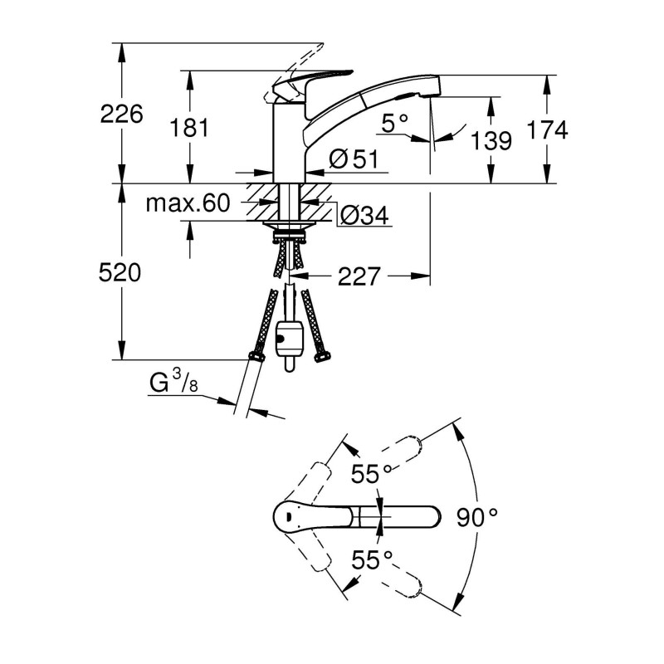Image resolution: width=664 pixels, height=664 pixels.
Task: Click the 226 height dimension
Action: pos(121,114)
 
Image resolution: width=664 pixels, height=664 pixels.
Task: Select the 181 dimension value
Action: pos(189,128)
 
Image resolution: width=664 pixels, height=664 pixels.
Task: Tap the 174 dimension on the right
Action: pos(547,129)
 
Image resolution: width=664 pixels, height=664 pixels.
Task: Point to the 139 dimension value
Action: pos(491,141)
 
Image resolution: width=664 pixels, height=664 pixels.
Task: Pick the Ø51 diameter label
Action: pos(354,159)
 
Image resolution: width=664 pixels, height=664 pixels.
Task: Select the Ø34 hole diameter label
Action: pos(364,216)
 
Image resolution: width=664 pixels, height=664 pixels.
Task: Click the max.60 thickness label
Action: pos(188,204)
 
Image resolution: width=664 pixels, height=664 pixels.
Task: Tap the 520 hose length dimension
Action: pos(121,272)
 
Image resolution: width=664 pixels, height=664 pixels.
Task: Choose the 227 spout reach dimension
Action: pos(359,276)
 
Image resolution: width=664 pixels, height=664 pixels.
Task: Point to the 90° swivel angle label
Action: pos(477,518)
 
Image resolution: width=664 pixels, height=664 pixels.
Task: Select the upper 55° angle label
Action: pos(370,475)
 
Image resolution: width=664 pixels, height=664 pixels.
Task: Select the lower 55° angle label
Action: pos(370,560)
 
